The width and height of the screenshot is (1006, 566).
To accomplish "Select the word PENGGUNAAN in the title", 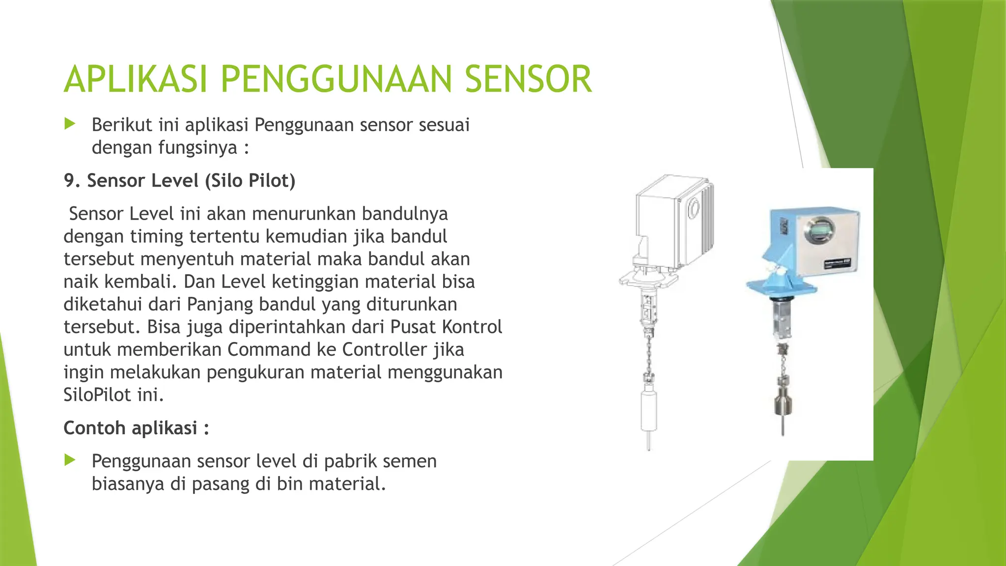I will pyautogui.click(x=335, y=79).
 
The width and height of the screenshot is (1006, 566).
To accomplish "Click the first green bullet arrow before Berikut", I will pyautogui.click(x=70, y=124).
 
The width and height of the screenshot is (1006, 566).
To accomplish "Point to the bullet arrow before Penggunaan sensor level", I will pyautogui.click(x=70, y=460).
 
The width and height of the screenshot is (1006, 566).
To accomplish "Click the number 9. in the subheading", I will pyautogui.click(x=72, y=181).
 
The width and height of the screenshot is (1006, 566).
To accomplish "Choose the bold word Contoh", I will pyautogui.click(x=94, y=428).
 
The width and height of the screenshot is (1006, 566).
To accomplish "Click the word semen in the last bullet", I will pyautogui.click(x=409, y=461).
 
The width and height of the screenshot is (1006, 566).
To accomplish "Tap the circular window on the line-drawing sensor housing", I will pyautogui.click(x=693, y=208).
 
